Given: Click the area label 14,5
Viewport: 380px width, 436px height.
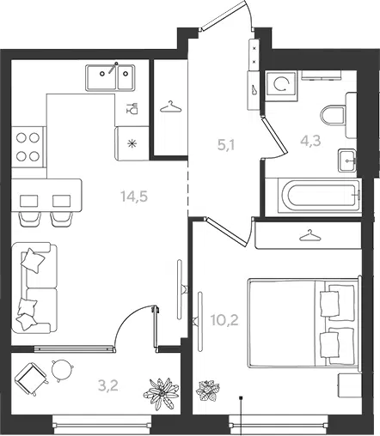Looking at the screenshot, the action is pos(134,197).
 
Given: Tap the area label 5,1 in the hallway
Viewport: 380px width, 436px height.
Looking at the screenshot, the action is pos(226,145).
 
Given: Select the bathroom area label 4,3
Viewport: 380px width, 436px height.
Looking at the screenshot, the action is pos(310,141).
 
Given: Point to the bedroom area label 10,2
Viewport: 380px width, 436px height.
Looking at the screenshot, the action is pos(224,320).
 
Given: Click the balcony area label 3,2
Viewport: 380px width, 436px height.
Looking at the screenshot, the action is pos(108,386).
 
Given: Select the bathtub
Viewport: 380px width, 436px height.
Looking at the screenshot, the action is pos(313,196).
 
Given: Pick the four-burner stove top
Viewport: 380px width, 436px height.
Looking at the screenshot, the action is pos(28,147).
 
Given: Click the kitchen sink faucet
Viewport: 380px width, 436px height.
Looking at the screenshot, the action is pos(113,68).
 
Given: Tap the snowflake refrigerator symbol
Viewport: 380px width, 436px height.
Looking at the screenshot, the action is pos(132,143).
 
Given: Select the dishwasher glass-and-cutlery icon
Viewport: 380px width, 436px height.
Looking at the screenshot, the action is pos(132,108).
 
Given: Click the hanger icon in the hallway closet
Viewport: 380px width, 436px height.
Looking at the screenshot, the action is pos(171,107).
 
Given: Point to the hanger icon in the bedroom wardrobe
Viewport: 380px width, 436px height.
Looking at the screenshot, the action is pos(310,236).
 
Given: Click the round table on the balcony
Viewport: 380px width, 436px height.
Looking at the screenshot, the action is pos(61,370).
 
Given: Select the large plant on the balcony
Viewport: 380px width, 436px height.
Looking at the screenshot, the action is pos(161,394).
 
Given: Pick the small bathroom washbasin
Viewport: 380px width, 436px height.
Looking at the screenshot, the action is pos(347,160).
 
